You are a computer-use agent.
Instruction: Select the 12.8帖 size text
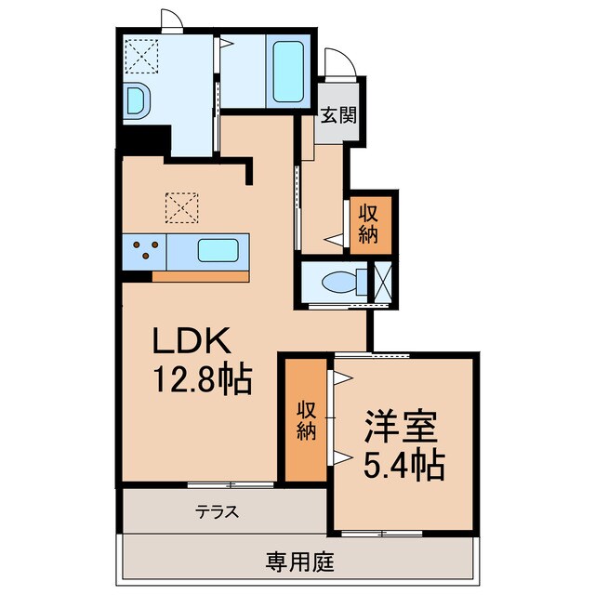(203, 379)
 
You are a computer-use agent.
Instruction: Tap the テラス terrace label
(218, 510)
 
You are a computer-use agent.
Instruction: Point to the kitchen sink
(219, 250)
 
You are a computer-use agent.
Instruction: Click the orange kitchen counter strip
(202, 275)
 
